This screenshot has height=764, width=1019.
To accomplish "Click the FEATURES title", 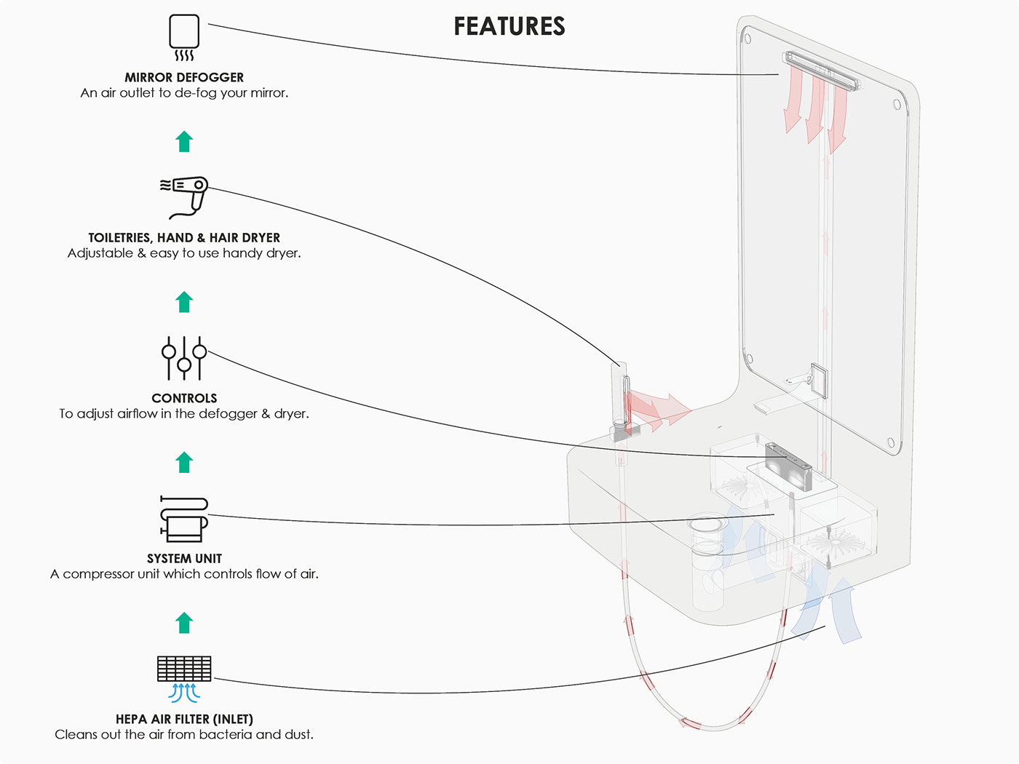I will (x=509, y=26).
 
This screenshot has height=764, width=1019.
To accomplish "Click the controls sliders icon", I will (x=184, y=357).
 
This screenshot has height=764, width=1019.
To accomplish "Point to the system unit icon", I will (x=184, y=519).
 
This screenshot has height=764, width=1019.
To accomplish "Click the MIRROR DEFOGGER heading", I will (x=184, y=77).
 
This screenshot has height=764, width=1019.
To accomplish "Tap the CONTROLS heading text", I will (x=184, y=398).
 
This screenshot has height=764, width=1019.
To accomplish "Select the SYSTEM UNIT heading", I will (x=184, y=558).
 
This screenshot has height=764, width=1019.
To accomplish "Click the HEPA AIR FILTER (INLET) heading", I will (x=184, y=719).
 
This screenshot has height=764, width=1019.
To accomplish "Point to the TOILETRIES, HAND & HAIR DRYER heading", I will (x=184, y=237).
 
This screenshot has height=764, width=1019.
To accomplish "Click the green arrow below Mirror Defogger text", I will (x=184, y=141).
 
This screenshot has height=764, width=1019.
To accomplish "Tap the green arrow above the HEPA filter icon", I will (x=184, y=623).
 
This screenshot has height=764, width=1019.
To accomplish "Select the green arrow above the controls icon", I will (x=184, y=302).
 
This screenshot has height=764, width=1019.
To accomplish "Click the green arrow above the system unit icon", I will (x=184, y=462).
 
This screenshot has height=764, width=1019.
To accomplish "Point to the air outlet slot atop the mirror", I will (x=821, y=71).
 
